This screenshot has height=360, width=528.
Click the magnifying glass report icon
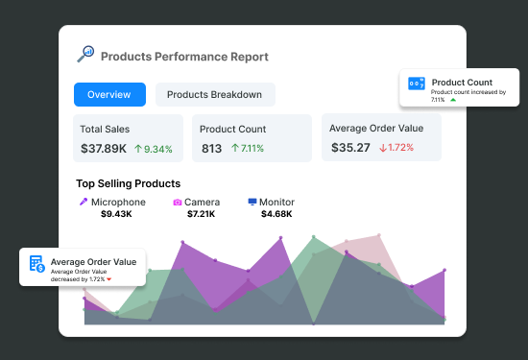click(84, 55)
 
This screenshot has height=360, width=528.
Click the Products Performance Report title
click(184, 57)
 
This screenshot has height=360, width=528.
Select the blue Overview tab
click(109, 94)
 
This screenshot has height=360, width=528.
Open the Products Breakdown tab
click(215, 94)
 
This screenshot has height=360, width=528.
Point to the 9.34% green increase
click(153, 149)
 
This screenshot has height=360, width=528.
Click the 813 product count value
click(211, 148)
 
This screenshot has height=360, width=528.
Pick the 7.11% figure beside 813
click(246, 149)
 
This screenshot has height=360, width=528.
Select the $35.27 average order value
click(349, 147)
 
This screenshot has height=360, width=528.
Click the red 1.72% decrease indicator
click(396, 148)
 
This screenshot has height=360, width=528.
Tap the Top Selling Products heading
click(128, 183)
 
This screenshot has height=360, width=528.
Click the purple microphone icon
click(84, 203)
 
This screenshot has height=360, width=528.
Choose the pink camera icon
click(178, 203)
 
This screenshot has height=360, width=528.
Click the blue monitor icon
click(252, 203)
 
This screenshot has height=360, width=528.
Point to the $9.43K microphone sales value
click(118, 214)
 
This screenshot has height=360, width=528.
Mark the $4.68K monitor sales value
click(276, 214)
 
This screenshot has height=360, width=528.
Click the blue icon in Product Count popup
click(417, 84)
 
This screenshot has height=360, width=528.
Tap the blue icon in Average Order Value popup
click(36, 264)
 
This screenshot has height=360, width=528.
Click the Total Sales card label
click(105, 129)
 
